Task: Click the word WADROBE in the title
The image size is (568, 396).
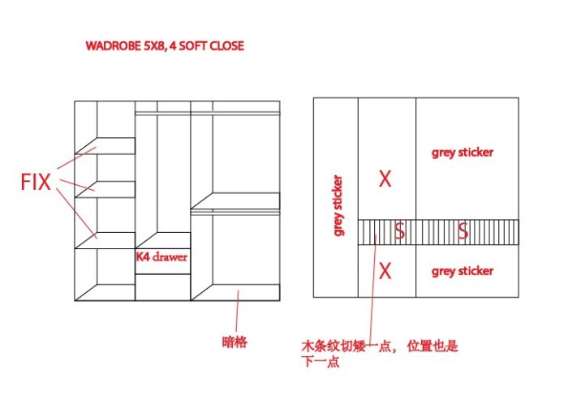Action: [113, 45]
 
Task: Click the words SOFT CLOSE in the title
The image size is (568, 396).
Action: [212, 45]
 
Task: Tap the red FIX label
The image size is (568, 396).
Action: [36, 182]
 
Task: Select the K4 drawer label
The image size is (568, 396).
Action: [161, 257]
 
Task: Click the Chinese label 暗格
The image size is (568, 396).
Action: [235, 342]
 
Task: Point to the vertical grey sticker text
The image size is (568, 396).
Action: [338, 205]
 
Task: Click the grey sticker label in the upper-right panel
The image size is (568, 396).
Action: [463, 153]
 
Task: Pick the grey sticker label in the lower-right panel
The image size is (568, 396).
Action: [463, 271]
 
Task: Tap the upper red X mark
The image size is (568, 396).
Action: [385, 179]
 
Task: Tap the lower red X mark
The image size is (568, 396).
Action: [385, 271]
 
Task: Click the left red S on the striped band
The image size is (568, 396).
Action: [399, 230]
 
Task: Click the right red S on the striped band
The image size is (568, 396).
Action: [463, 230]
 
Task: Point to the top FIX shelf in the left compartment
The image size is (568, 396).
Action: [105, 145]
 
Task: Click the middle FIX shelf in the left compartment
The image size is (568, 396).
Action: [105, 189]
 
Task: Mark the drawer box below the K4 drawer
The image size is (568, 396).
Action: [162, 287]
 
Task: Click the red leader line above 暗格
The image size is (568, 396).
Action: [237, 311]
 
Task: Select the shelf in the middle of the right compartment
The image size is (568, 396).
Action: [235, 201]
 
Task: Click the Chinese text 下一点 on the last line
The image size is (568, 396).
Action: [321, 362]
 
